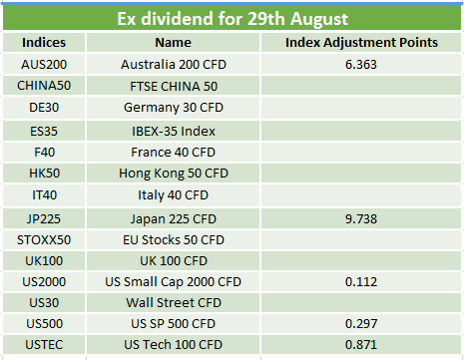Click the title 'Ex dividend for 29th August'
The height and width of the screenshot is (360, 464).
232,19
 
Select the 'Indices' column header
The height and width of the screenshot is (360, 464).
44,43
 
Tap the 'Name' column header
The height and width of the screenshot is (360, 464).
173,43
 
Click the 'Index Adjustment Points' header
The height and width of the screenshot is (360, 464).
361,43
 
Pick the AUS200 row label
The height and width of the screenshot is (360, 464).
44,64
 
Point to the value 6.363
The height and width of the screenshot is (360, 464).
361,64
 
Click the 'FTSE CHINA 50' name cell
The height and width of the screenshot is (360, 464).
174,87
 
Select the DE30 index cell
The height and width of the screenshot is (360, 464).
44,108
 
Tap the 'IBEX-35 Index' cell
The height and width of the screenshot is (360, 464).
174,131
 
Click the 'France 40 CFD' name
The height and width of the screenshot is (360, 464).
173,153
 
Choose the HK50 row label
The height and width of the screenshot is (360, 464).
44,174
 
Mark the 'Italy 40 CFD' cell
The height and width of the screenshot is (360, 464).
173,195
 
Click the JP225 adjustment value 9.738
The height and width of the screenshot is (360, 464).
361,219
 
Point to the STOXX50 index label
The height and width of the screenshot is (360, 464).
44,240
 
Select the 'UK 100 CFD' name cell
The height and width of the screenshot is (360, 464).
174,261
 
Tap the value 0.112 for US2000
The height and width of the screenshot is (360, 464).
361,282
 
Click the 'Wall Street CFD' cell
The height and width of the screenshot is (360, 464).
174,303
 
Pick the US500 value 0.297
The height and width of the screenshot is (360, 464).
361,324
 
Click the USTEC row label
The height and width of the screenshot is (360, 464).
44,345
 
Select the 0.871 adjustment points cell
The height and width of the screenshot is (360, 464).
361,345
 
